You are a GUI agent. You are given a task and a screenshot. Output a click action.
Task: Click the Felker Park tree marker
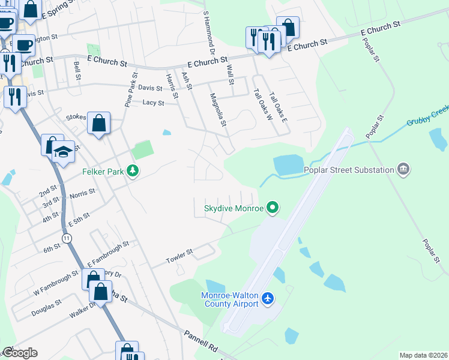pos(133,172)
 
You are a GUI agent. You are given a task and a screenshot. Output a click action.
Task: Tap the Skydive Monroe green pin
pos(273,208)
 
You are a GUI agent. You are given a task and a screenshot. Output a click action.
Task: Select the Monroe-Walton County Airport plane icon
pos(268,298)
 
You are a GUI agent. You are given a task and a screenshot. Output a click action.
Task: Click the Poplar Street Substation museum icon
pos(403,170)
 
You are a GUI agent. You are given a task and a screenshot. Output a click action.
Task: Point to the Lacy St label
pos(154,103)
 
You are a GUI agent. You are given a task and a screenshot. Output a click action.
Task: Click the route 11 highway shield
pos(67,238)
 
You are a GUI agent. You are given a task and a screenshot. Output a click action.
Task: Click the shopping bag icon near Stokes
pos(98,123)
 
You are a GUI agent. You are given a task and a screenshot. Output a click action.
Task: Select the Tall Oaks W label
pos(262,104)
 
